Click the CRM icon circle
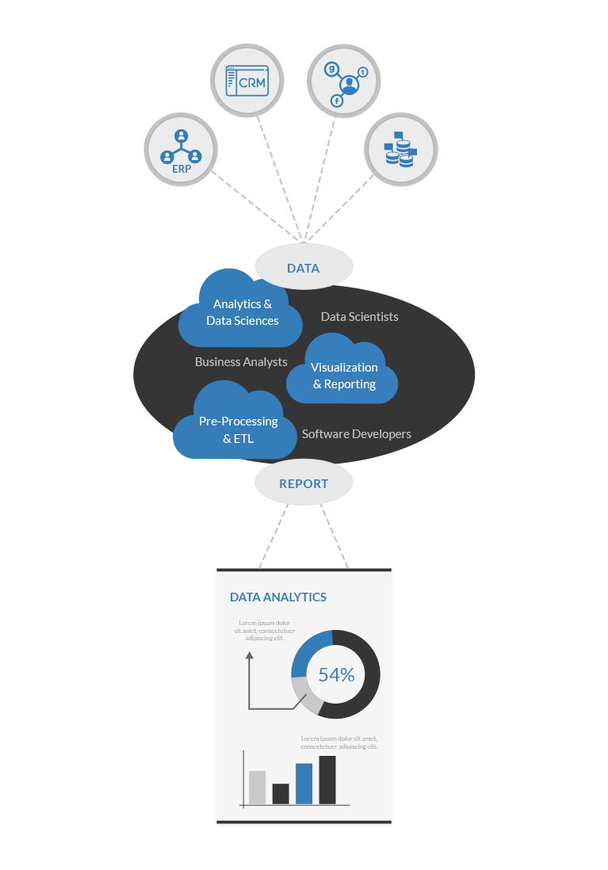247,80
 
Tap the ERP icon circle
182,150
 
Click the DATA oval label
303,268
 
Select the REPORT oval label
303,483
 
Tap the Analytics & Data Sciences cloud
242,313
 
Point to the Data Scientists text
359,317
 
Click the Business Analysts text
241,362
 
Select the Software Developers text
356,434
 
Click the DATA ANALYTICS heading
277,597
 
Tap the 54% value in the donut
336,675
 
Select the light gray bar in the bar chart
257,788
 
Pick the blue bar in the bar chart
304,784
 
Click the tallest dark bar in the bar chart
327,780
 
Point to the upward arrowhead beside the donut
249,656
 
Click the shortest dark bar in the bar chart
281,794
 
